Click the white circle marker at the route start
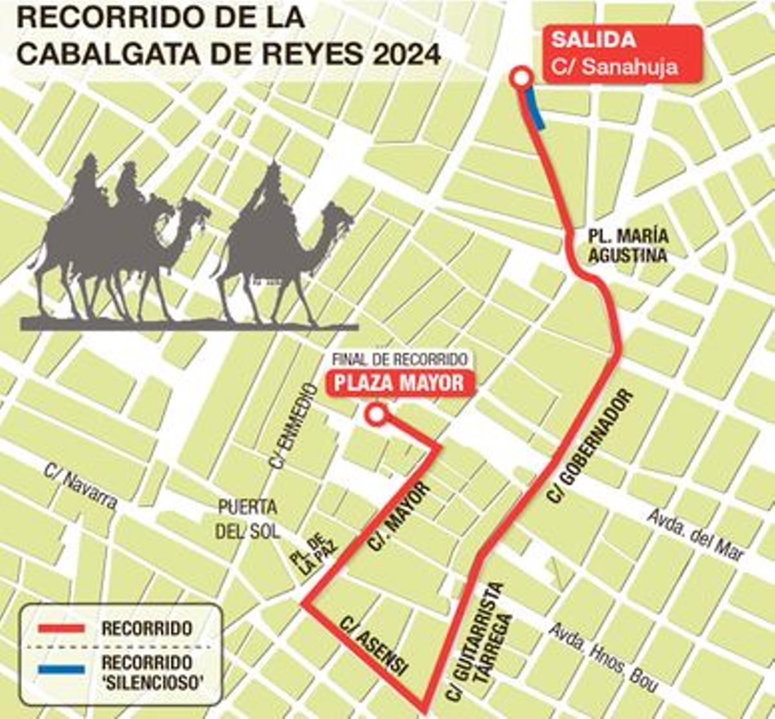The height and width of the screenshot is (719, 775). click(x=520, y=79)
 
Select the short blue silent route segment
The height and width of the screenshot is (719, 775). click(x=535, y=109)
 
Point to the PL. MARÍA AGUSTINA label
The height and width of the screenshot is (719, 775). click(x=628, y=246)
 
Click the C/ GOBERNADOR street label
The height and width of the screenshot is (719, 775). click(x=590, y=446)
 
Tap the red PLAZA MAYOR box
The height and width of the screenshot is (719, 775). click(x=399, y=382)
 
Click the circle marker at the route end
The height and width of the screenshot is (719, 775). click(x=375, y=415)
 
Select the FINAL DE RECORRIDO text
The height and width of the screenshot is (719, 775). click(x=399, y=359)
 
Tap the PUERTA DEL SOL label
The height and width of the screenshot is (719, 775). click(x=248, y=519)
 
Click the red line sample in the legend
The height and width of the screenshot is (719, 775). click(x=61, y=628)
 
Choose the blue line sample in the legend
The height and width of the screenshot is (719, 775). click(x=61, y=670)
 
